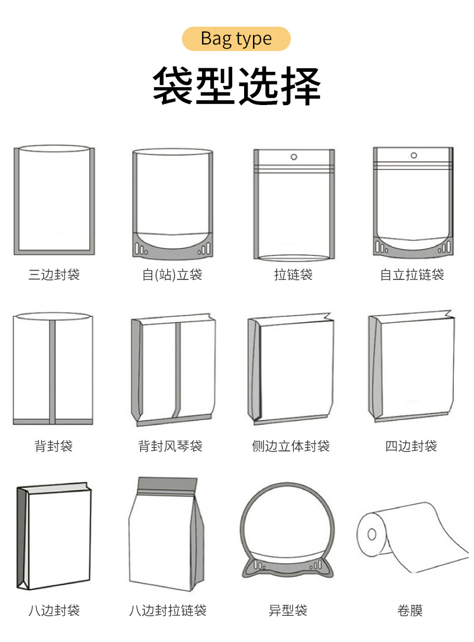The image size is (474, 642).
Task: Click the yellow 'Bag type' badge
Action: click(x=236, y=39)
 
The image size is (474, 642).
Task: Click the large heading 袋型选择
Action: click(x=236, y=86)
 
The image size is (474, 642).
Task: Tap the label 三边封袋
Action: click(x=54, y=274)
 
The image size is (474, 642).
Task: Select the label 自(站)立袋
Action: click(x=172, y=274)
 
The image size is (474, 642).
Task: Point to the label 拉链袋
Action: click(x=293, y=274)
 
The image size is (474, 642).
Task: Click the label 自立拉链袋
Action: click(x=412, y=274)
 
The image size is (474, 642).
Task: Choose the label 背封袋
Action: click(x=53, y=446)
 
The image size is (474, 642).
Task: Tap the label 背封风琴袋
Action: click(x=170, y=446)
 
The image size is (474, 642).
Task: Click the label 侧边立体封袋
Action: click(x=291, y=446)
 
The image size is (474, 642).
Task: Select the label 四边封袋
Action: click(x=411, y=446)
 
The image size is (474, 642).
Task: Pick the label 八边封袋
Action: click(x=54, y=610)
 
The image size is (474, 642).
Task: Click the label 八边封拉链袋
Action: click(x=168, y=610)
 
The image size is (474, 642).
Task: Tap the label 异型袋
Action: click(x=288, y=610)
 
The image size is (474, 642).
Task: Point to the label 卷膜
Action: click(x=410, y=610)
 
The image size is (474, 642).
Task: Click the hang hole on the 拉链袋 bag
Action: click(x=294, y=157)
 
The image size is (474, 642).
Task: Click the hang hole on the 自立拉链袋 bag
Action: click(x=414, y=155)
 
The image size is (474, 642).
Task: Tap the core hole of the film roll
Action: click(x=371, y=535)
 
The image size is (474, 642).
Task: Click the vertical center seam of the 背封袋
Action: click(x=52, y=372)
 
